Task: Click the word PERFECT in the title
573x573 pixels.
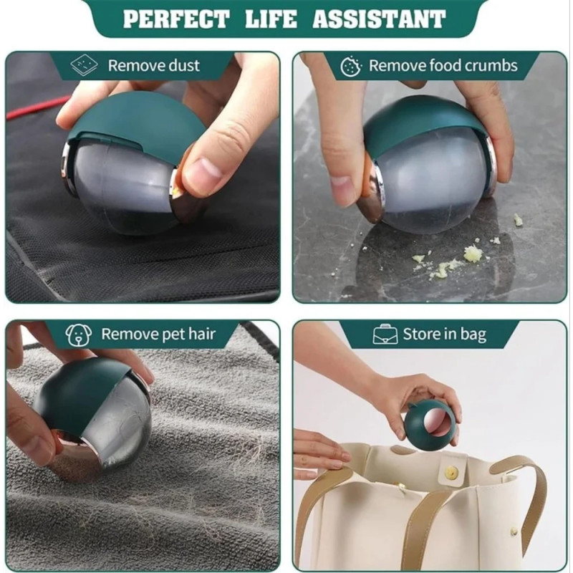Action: [x=176, y=19]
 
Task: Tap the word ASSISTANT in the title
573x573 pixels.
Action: [x=379, y=19]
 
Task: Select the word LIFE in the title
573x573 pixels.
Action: [x=271, y=19]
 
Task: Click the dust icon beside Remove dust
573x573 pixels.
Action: [x=84, y=65]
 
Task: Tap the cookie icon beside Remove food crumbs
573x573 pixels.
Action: [x=351, y=66]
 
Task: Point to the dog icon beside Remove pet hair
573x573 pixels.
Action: [x=79, y=334]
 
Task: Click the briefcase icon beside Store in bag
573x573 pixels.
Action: [x=385, y=334]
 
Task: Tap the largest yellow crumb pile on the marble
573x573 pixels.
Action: [x=472, y=254]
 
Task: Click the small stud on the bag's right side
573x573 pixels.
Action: [x=514, y=531]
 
